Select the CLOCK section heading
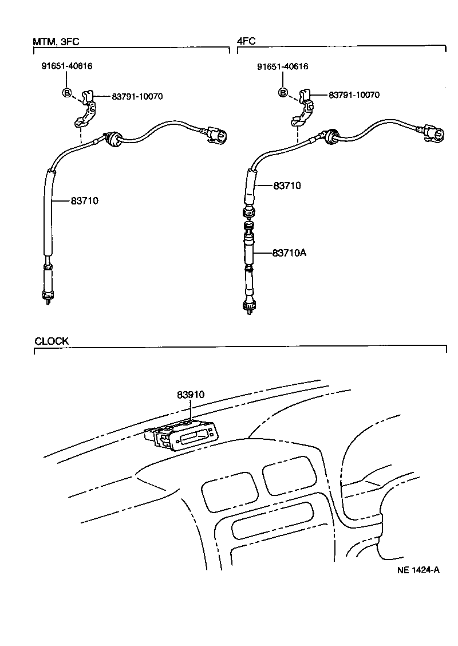tap(52, 341)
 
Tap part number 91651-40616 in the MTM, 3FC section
tap(67, 66)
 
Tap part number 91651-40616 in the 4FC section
tap(282, 66)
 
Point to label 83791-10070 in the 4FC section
tap(354, 95)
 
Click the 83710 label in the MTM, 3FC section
tap(85, 200)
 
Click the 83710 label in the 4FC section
tap(287, 186)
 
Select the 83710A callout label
tap(290, 253)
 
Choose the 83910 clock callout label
tap(191, 395)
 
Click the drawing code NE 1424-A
tap(418, 570)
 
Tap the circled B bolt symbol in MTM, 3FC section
tap(66, 93)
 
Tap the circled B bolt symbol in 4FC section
tap(283, 93)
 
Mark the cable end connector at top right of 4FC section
tap(433, 134)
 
